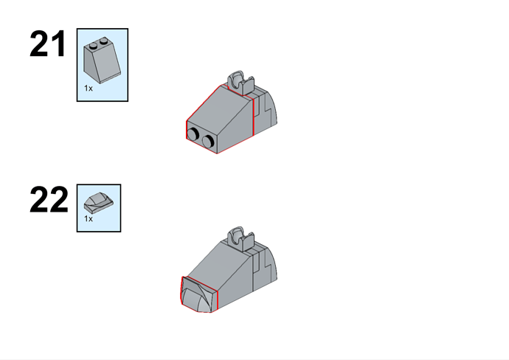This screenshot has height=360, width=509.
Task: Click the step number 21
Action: pyautogui.click(x=48, y=44)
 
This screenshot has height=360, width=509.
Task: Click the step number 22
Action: pyautogui.click(x=49, y=200)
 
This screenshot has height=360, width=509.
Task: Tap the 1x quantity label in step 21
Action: pyautogui.click(x=89, y=89)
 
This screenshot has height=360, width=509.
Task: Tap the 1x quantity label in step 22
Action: pyautogui.click(x=89, y=219)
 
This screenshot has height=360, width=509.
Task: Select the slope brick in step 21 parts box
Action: pyautogui.click(x=103, y=60)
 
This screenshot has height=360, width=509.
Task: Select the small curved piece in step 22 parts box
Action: pyautogui.click(x=99, y=203)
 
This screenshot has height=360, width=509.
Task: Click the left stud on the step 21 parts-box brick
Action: pyautogui.click(x=93, y=45)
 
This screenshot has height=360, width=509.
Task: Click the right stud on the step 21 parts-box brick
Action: pyautogui.click(x=103, y=41)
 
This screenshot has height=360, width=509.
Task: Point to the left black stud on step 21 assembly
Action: pyautogui.click(x=194, y=134)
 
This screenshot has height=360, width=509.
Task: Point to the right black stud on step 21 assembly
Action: pyautogui.click(x=208, y=141)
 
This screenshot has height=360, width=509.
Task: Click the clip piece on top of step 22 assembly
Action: pyautogui.click(x=240, y=238)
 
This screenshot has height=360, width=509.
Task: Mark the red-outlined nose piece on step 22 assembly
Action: pyautogui.click(x=198, y=295)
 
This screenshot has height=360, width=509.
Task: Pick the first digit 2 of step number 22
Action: pyautogui.click(x=38, y=200)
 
